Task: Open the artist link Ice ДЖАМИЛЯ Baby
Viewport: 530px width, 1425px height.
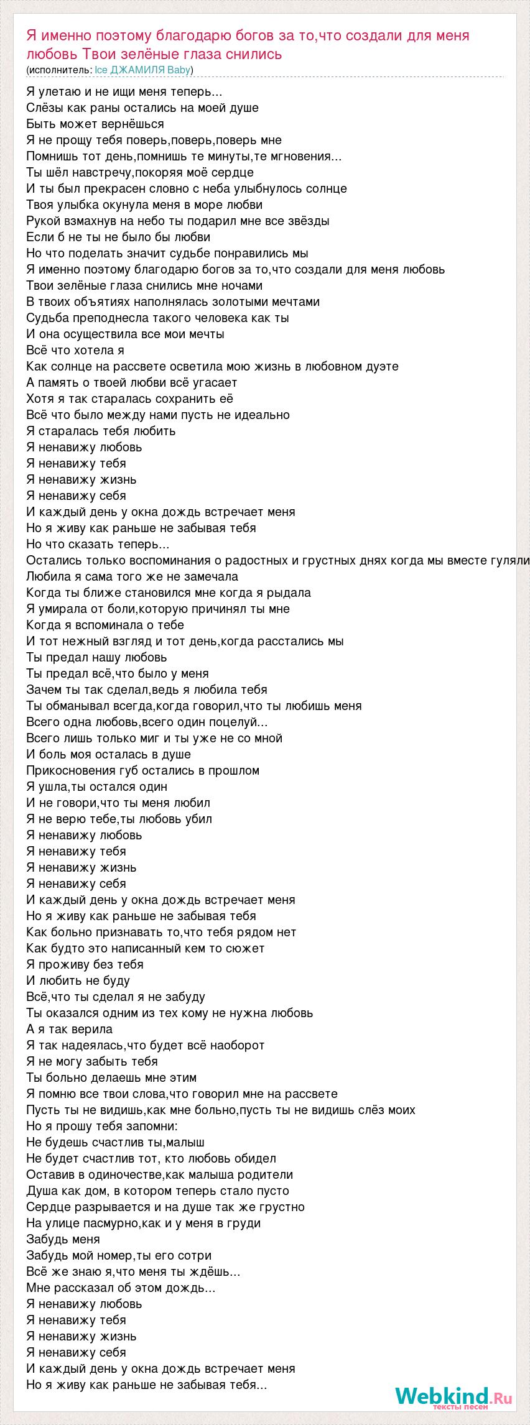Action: [x=142, y=70]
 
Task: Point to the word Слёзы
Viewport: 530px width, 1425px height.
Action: [x=44, y=108]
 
